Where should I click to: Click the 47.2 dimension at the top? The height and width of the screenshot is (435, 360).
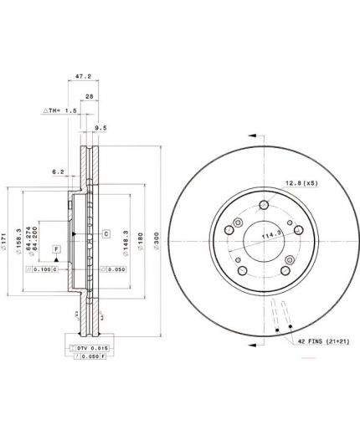point(83,75)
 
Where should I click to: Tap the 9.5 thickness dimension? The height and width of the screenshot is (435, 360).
point(100,128)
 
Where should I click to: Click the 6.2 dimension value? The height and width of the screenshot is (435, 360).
point(58,171)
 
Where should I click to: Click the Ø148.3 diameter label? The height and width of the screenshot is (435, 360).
point(126,240)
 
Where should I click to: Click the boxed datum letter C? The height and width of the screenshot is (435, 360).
point(107,233)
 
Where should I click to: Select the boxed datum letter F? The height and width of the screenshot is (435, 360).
point(56,249)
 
